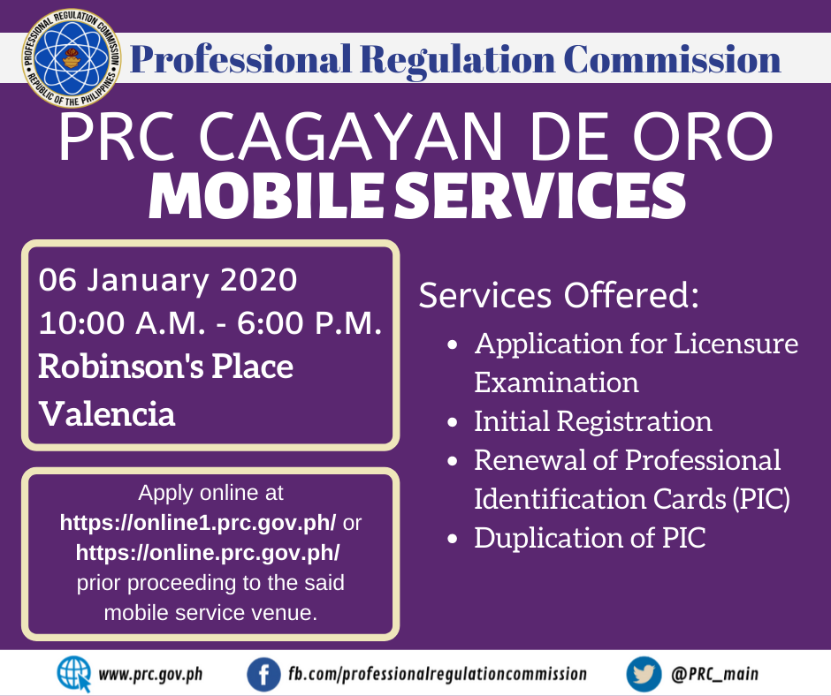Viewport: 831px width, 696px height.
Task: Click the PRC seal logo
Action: (x=71, y=57)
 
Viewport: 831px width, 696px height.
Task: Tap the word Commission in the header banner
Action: (x=672, y=59)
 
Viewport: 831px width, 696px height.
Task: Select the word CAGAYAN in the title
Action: (x=351, y=136)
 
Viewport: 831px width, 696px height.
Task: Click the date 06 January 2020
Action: (x=167, y=280)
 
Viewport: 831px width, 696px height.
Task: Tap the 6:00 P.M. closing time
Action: (x=309, y=322)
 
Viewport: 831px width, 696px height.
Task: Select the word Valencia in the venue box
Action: (x=106, y=413)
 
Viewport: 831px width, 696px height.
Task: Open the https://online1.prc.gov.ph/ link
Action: (x=198, y=523)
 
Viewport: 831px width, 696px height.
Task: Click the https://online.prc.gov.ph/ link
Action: (x=208, y=552)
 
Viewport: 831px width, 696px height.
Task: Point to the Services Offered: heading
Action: (x=559, y=295)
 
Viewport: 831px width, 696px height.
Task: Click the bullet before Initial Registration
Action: (x=452, y=423)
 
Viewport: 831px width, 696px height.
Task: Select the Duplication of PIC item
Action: (x=590, y=538)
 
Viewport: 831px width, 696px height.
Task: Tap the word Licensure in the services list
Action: (x=736, y=344)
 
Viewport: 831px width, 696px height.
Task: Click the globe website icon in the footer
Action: (x=74, y=674)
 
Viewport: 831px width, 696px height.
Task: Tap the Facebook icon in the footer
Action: (x=263, y=674)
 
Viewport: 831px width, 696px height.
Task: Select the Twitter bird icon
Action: (x=644, y=674)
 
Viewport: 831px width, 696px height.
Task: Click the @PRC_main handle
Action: (x=714, y=674)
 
